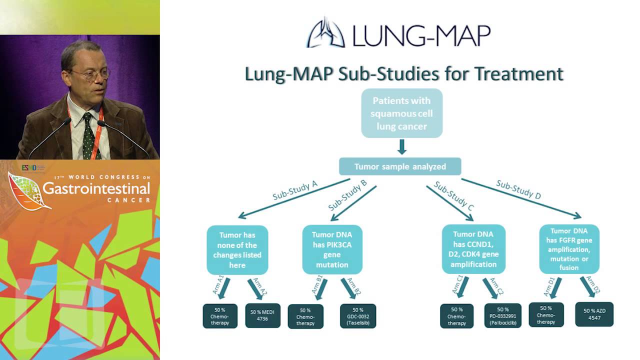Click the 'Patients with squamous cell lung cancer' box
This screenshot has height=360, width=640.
tap(401, 113)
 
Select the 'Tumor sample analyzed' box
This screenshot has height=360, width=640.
tap(400, 166)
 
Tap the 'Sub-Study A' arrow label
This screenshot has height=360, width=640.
tap(295, 190)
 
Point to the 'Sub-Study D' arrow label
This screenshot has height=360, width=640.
tap(518, 189)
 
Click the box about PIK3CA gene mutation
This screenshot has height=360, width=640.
tap(332, 249)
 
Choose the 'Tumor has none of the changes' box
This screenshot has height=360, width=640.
tap(237, 249)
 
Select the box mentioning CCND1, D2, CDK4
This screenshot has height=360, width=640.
tap(473, 249)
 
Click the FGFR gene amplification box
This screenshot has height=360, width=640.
tap(569, 249)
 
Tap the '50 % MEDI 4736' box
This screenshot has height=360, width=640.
tap(263, 316)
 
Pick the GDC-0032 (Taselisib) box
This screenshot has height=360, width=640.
tap(358, 316)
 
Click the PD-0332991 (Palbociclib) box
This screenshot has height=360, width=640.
tap(503, 316)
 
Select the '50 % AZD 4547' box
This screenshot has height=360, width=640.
tap(594, 314)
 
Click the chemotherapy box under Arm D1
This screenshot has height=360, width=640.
tap(546, 315)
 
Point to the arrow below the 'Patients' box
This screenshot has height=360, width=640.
tap(401, 147)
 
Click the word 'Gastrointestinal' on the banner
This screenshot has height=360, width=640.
tap(96, 188)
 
